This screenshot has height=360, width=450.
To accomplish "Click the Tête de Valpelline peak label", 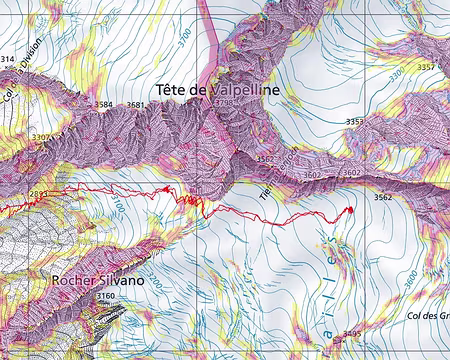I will (217, 90).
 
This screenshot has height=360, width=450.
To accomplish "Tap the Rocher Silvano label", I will (98, 281).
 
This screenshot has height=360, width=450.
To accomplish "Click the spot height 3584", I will (102, 104).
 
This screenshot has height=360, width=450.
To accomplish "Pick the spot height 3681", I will (136, 104).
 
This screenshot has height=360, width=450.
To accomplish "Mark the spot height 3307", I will (42, 138).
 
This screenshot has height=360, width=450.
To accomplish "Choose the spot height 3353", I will (355, 122).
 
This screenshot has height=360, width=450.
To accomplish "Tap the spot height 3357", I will (427, 67).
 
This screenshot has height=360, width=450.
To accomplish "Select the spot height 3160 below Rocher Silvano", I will (106, 297).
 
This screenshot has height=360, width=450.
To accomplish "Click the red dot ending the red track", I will (350, 210).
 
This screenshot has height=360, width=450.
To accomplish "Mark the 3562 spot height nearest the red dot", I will (383, 198).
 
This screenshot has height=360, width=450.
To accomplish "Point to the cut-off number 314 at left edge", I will (7, 60).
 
